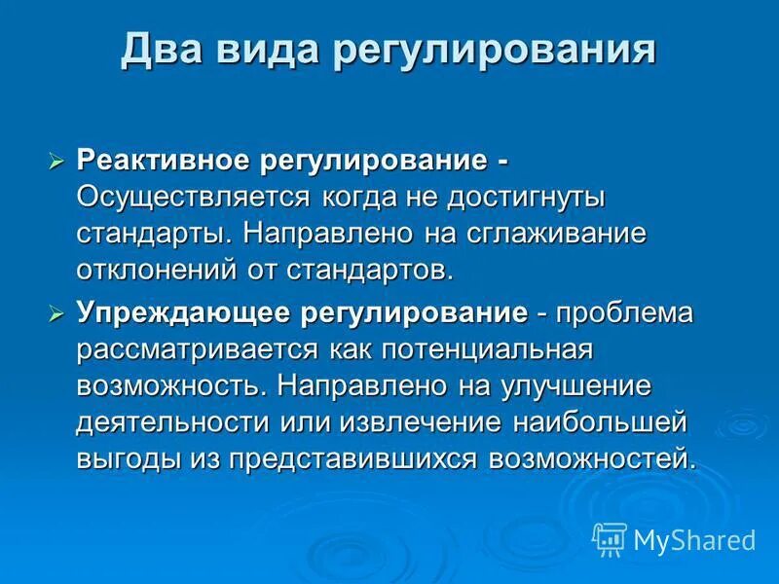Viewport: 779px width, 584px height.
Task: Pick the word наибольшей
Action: coord(604,422)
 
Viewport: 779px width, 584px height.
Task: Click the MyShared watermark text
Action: coord(693,539)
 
